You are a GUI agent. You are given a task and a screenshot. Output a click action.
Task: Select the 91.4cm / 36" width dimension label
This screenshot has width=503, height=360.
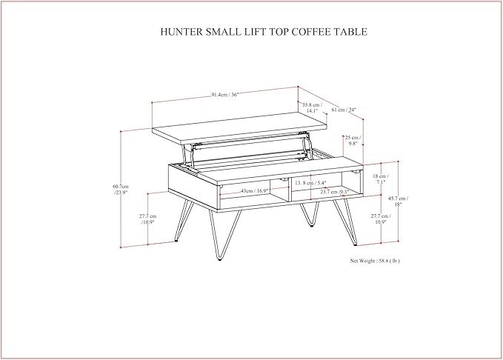(225, 95)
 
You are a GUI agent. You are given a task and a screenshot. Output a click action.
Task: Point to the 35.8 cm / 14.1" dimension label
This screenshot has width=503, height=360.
(311, 108)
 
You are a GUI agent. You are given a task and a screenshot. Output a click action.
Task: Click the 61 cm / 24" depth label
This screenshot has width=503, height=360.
(343, 110)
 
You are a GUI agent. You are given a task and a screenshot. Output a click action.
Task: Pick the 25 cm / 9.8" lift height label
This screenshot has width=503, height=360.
(353, 141)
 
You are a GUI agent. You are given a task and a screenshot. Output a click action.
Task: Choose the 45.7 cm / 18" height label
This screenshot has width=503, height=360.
(398, 201)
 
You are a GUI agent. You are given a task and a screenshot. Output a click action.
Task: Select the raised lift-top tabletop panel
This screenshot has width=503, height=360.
(237, 127)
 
